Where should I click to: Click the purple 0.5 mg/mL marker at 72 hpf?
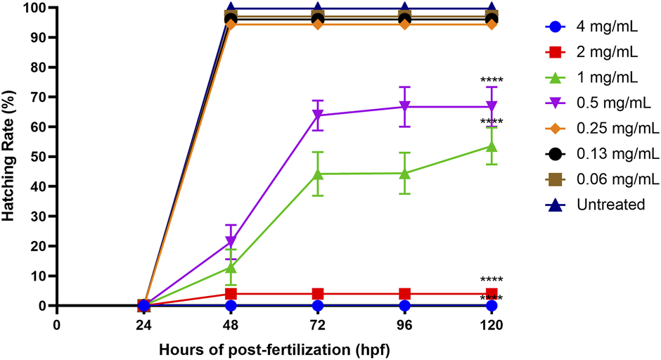[318, 115]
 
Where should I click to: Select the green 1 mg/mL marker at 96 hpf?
[404, 172]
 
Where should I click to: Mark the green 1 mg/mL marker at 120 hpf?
[492, 146]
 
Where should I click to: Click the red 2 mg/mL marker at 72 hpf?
[318, 294]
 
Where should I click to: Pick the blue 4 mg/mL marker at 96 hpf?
[404, 306]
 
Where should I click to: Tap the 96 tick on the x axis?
[404, 326]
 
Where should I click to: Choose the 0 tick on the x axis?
[57, 326]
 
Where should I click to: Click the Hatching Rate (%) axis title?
[10, 156]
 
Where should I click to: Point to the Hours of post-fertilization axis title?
[274, 349]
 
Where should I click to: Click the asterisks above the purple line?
[492, 79]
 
